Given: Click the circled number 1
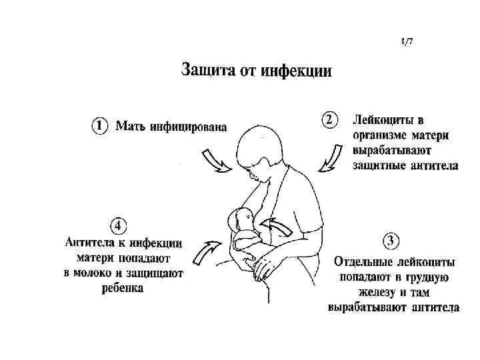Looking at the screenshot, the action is pos(99,125).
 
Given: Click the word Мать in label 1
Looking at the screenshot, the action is pos(131,125).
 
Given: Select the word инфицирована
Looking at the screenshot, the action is pos(188,125).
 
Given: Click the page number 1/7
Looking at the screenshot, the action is pos(407,41).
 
